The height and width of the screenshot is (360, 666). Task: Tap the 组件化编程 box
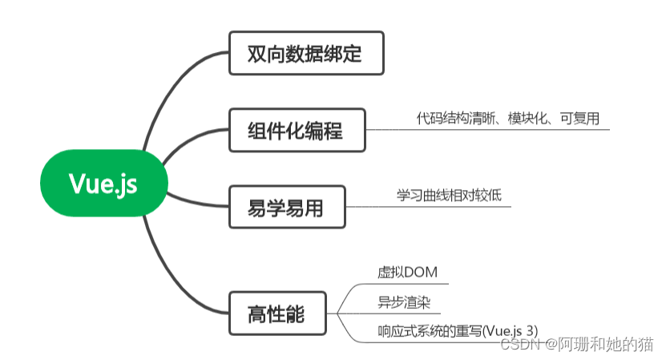[x=297, y=130]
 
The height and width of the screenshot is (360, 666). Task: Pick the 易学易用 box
[x=286, y=207]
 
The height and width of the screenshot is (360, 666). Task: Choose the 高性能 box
[x=276, y=313]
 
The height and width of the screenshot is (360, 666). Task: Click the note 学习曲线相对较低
[x=449, y=195]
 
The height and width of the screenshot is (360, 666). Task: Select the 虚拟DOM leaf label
[x=407, y=273]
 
